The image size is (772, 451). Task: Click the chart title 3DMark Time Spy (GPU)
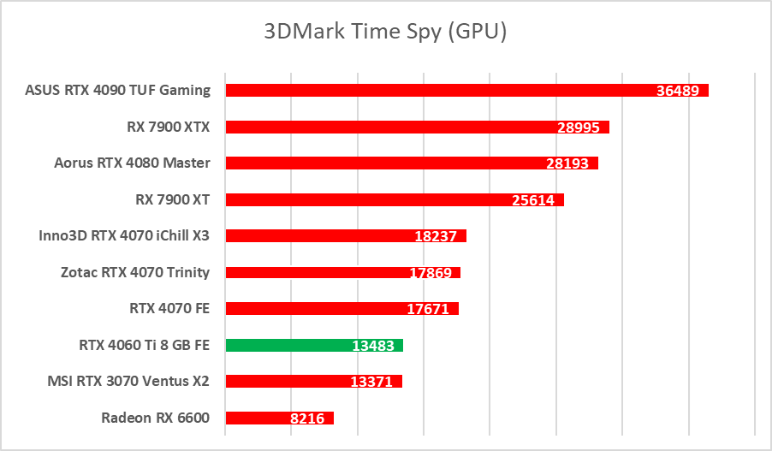tap(385, 32)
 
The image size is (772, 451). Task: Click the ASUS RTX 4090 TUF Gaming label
tap(118, 90)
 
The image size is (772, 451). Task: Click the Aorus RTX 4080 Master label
tap(132, 163)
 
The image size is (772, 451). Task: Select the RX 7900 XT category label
tap(172, 199)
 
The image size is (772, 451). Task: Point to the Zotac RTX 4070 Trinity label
tap(135, 272)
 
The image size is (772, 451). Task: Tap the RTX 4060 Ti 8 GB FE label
tap(144, 346)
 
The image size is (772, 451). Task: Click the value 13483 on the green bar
tap(374, 346)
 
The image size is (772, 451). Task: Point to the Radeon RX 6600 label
tap(155, 418)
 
